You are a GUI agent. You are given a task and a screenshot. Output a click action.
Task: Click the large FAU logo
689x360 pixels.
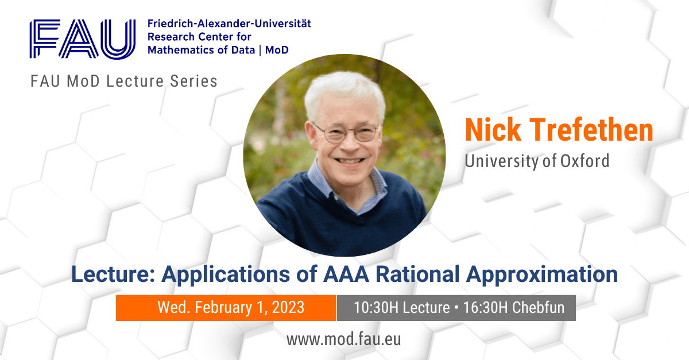click(83, 39)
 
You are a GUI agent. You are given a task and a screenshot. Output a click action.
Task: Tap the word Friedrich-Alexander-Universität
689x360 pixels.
click(229, 24)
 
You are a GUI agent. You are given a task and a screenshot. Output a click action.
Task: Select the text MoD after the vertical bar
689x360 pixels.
click(277, 50)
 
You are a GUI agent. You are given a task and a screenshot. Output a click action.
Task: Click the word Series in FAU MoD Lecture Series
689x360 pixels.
click(194, 81)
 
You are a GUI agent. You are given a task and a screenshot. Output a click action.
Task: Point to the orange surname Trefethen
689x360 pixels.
click(591, 130)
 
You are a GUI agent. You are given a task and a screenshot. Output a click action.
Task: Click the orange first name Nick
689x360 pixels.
click(493, 130)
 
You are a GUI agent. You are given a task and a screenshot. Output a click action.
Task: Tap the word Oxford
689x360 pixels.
click(585, 161)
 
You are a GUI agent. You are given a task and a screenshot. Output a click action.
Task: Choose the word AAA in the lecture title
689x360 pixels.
click(346, 274)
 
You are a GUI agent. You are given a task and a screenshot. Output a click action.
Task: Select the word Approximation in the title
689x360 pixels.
click(542, 274)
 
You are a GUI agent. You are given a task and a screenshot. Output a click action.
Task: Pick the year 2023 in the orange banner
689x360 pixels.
click(288, 307)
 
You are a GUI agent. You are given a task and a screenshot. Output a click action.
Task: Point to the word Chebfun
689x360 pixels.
click(539, 308)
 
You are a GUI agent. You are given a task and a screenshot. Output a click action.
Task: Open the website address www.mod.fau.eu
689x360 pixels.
click(343, 339)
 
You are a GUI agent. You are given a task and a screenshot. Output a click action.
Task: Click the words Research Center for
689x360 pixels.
click(199, 37)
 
